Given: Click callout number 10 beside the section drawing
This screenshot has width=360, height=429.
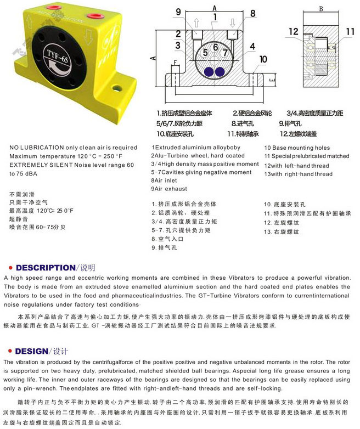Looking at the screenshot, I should click(263, 59).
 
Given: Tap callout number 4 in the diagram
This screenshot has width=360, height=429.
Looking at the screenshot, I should click(252, 46).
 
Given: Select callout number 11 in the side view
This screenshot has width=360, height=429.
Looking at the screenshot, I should click(350, 32).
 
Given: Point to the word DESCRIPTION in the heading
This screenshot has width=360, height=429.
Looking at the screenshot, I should click(45, 268).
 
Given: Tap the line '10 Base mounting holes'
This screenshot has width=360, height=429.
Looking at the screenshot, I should click(297, 148).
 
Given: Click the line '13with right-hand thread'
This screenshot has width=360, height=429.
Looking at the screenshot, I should click(298, 174).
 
